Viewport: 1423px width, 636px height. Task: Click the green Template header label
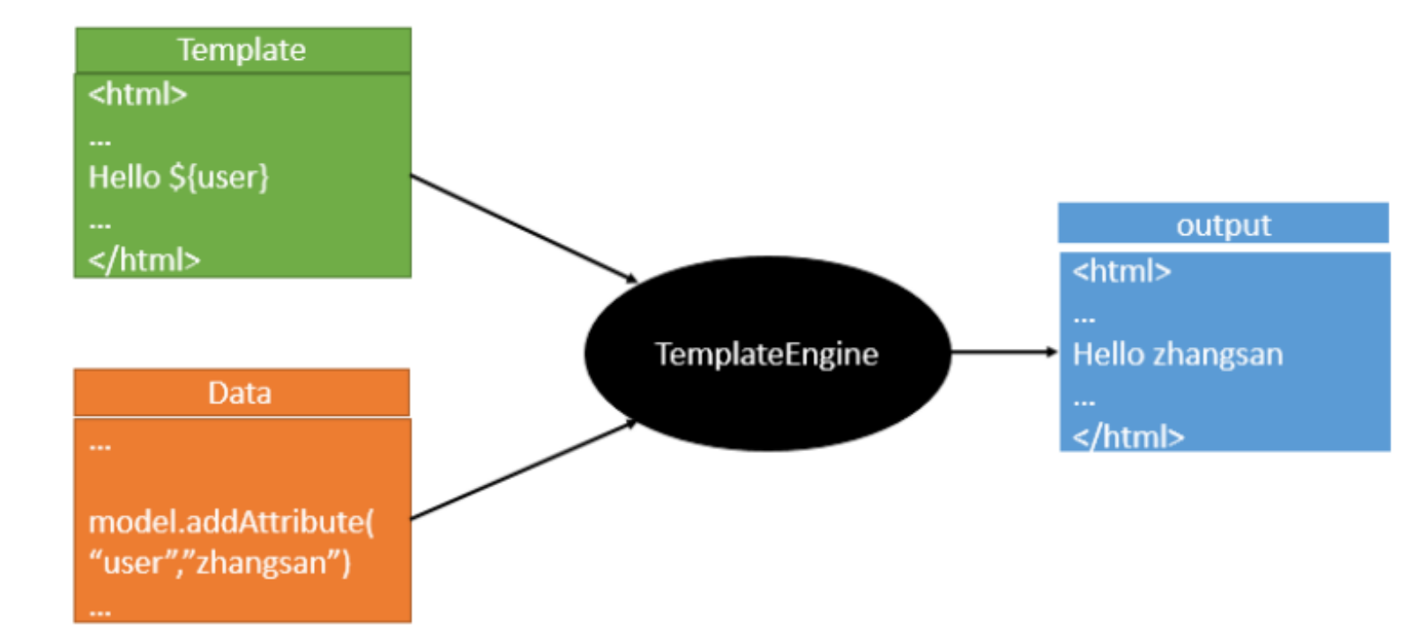click(x=242, y=50)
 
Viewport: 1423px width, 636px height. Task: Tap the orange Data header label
click(x=240, y=393)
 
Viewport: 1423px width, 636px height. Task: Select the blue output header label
click(x=1223, y=225)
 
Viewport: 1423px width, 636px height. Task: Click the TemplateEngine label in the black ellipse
click(x=766, y=354)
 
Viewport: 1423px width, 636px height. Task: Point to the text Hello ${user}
click(x=178, y=177)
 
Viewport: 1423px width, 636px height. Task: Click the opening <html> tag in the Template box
click(x=138, y=93)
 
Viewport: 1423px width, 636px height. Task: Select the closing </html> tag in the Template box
click(x=145, y=260)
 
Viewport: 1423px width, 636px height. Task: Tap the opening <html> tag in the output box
click(x=1121, y=270)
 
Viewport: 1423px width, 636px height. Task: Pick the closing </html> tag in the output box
click(x=1128, y=437)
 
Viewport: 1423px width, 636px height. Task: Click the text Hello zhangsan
click(x=1177, y=354)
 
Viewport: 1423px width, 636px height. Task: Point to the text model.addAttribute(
click(x=231, y=521)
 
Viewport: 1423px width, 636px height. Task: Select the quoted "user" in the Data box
click(x=135, y=562)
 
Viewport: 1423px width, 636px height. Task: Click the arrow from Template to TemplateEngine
click(x=524, y=228)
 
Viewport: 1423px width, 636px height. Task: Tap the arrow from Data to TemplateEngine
click(x=524, y=469)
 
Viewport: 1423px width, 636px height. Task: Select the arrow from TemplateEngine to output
click(x=1003, y=352)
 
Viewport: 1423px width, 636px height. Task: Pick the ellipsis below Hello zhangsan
click(x=1084, y=403)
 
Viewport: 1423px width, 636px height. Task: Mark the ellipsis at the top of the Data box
click(x=100, y=447)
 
